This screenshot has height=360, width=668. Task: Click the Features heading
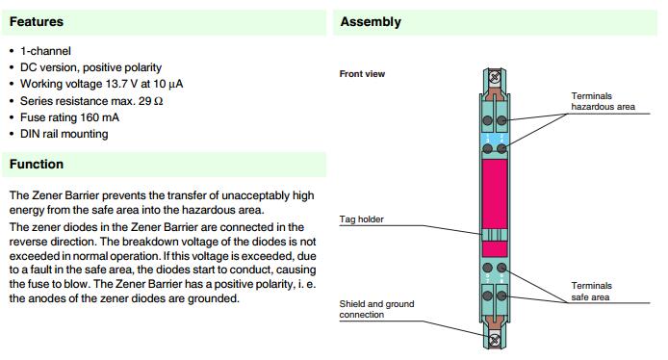(37, 22)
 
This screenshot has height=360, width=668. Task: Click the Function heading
(37, 164)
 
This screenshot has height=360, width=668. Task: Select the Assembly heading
(371, 22)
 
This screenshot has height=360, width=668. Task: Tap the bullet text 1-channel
(45, 51)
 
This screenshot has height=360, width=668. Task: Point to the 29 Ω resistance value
(150, 101)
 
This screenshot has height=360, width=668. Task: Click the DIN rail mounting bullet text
(64, 134)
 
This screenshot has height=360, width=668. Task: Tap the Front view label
(362, 74)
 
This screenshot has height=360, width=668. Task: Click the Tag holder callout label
(361, 219)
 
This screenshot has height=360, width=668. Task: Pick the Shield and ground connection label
(376, 309)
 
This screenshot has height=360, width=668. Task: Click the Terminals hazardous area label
(603, 101)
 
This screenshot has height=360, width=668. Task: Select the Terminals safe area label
(591, 292)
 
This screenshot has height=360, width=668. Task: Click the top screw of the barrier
(494, 77)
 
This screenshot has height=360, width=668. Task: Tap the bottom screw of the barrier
(494, 340)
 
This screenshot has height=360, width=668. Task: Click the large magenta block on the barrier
(495, 193)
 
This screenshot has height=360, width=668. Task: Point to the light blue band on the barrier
(495, 140)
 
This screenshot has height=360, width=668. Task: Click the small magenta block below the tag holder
(495, 248)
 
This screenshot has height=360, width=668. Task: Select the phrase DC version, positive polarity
(90, 67)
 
